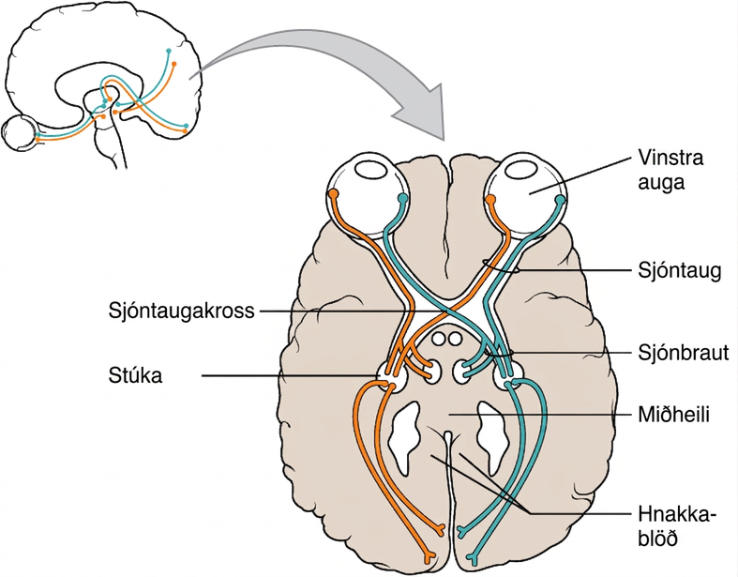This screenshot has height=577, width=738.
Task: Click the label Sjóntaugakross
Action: tap(181, 311)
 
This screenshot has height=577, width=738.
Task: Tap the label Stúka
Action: tap(136, 376)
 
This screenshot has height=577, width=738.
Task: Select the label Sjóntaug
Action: tap(680, 271)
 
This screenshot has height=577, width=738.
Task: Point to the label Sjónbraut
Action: tap(684, 353)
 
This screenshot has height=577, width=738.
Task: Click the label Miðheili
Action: tap(673, 415)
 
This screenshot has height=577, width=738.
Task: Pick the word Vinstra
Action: tap(670, 158)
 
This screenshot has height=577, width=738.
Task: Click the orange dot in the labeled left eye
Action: tap(490, 200)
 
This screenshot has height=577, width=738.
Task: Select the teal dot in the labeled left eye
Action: tap(560, 200)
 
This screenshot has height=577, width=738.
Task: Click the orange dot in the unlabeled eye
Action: tap(334, 193)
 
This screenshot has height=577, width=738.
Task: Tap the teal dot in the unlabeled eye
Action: tap(402, 198)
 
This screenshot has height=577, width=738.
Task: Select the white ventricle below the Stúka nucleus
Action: tap(404, 438)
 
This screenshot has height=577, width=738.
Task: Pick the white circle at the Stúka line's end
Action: tap(392, 377)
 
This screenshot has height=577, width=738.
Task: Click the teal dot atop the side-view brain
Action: tap(169, 51)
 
